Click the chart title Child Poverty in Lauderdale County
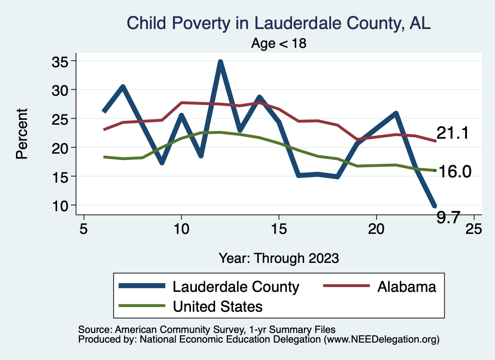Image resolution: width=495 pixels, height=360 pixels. coord(278,23)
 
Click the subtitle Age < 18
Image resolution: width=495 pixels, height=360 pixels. coord(279,43)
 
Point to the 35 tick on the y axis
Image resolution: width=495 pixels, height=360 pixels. coord(61,61)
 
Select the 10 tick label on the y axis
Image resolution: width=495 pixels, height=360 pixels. coord(61,205)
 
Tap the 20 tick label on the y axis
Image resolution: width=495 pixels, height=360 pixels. coord(61,147)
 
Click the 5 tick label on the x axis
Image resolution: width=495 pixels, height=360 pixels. coord(84,228)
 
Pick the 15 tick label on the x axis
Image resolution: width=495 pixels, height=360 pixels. coord(278,228)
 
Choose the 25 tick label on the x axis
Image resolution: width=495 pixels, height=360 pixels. coord(473,228)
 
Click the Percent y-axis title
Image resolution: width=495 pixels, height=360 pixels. coord(21,133)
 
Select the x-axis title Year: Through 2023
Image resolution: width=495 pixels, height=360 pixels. coord(278,258)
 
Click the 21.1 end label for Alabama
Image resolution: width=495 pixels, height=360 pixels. coord(453,133)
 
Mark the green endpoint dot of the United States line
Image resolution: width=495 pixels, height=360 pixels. coord(435,170)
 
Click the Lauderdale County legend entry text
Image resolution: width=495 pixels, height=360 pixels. coord(236,287)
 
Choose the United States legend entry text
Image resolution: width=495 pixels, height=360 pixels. coord(218,306)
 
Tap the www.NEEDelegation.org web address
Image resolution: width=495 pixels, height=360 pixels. coord(381,339)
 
